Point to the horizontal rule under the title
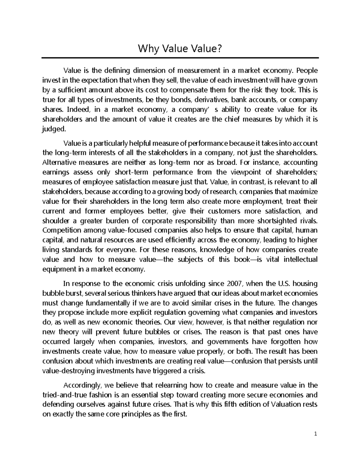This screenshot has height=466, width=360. pos(180,58)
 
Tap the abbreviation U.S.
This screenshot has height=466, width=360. pos(283,284)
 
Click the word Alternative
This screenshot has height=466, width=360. pos(59,163)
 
